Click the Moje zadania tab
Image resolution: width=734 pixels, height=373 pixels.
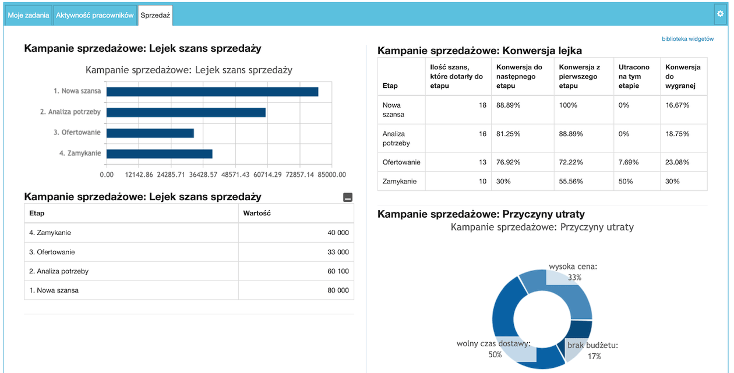coord(28,16)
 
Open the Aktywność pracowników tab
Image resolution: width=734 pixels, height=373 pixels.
coord(95,16)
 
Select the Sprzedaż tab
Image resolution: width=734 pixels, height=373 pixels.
coord(155,16)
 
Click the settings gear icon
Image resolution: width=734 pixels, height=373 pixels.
coord(719,13)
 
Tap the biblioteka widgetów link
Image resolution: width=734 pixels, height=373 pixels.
coord(687,39)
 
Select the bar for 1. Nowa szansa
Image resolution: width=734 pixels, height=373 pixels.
coord(212,91)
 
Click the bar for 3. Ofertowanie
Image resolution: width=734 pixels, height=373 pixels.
coord(150,133)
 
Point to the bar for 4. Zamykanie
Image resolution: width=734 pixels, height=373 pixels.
coord(159,154)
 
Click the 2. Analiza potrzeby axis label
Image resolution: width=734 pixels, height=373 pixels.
coord(70,112)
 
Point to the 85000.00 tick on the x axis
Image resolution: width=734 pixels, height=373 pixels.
coord(332,175)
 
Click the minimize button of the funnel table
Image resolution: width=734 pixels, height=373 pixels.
coord(348,198)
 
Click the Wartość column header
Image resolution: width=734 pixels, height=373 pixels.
coord(257,214)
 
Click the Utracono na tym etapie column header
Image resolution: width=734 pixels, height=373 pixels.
coord(634,76)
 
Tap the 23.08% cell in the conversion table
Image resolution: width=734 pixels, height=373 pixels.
coord(677,162)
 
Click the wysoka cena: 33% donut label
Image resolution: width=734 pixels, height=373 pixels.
coord(574,272)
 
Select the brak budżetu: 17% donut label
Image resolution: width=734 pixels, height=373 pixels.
coord(592,350)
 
